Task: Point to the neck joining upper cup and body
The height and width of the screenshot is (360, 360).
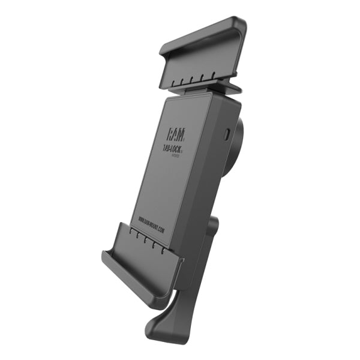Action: point(204,91)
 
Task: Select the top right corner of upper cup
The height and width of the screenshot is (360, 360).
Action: point(241,24)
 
